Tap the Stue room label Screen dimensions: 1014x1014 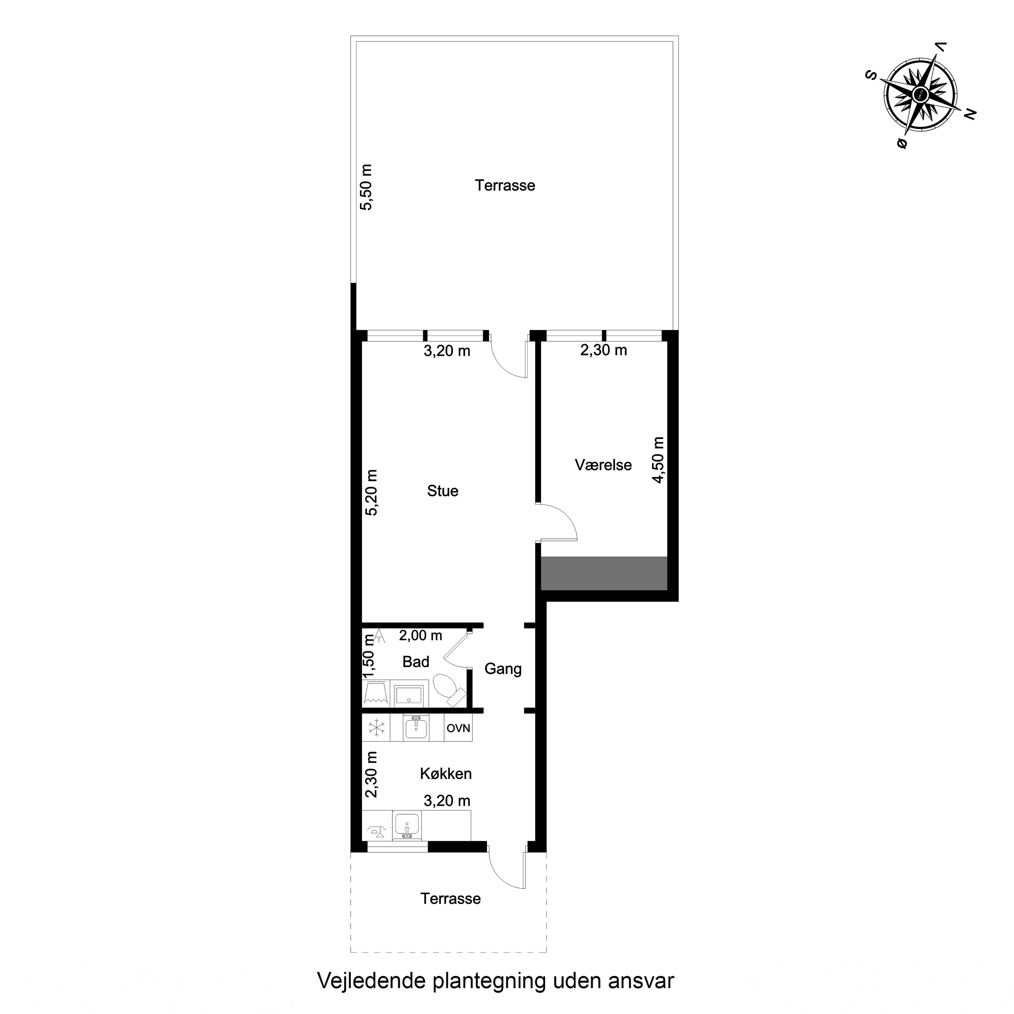[442, 491]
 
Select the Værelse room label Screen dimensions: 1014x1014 [603, 465]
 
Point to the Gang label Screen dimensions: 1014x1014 [503, 669]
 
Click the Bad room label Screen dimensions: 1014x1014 [416, 662]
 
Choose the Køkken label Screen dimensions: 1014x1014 [445, 774]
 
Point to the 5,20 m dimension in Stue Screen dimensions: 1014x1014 [371, 492]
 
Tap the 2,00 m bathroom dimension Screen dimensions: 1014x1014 [420, 635]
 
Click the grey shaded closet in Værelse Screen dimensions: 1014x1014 [604, 573]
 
